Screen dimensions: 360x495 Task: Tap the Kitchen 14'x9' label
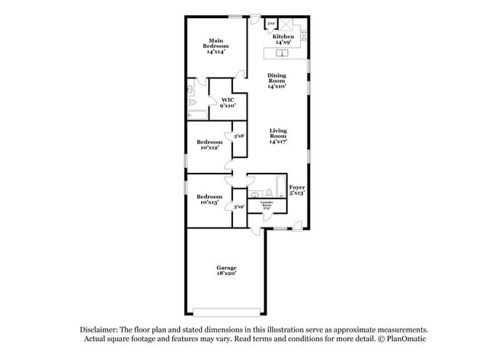(283, 40)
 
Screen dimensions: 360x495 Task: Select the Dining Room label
(276, 81)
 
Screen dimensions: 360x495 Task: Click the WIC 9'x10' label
(227, 104)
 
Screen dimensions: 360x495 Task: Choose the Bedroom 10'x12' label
(209, 145)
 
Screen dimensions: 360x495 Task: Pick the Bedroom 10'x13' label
(209, 199)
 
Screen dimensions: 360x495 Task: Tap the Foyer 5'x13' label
(297, 190)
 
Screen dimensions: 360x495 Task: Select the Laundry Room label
(267, 205)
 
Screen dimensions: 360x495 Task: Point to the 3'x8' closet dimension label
(238, 136)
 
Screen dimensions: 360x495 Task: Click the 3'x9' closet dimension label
(238, 206)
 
